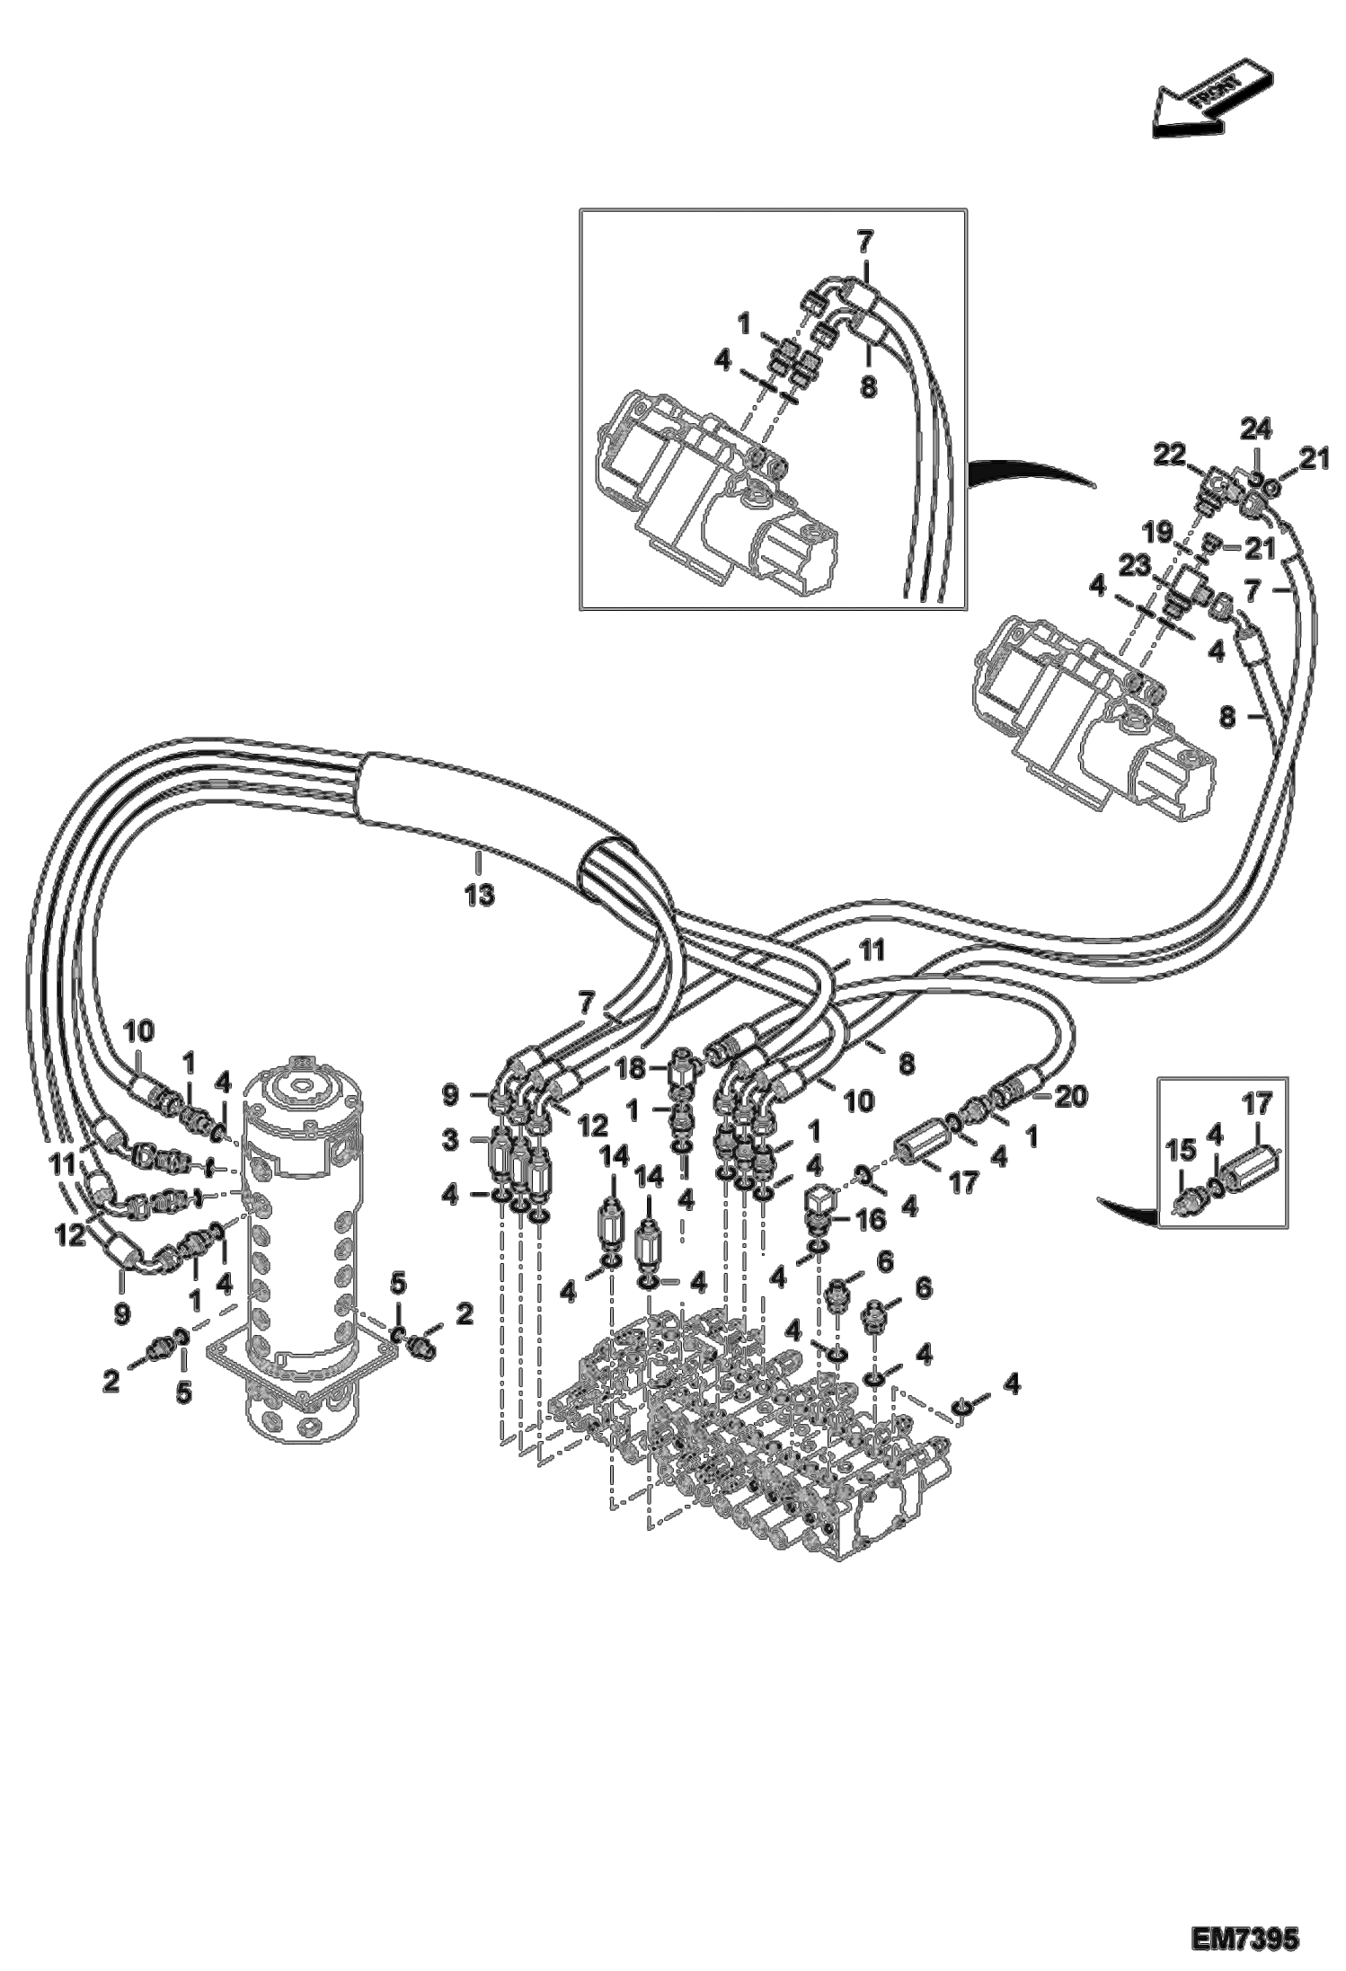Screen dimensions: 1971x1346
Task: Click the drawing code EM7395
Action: pos(1244,1935)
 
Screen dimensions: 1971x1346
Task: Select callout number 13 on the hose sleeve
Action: pos(480,896)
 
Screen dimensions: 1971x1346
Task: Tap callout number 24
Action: pos(1255,433)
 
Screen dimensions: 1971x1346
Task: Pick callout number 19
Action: pos(1160,533)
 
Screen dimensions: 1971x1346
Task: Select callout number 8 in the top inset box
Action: pos(867,387)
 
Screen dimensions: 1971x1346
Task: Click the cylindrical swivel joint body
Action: pos(301,1258)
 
